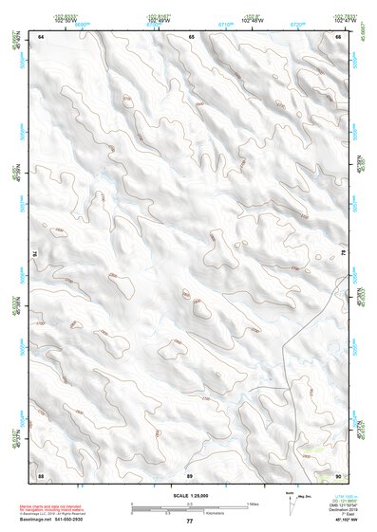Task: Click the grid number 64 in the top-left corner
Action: [42, 36]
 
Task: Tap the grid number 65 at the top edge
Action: [191, 36]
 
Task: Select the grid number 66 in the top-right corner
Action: [338, 36]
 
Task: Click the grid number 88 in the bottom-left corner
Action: [42, 474]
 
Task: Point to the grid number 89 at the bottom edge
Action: [190, 474]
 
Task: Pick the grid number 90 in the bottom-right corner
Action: [338, 474]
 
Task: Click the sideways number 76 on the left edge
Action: [40, 255]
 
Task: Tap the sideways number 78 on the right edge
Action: [342, 253]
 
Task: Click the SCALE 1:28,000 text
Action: [190, 496]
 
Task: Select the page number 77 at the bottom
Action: [190, 522]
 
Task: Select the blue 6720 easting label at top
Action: [297, 24]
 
